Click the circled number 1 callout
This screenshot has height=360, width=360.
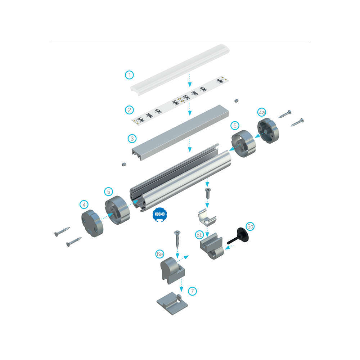(x=129, y=75)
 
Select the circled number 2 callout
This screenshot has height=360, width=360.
(x=129, y=110)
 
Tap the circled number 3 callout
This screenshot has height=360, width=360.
(x=132, y=139)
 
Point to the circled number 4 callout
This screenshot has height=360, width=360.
(x=84, y=204)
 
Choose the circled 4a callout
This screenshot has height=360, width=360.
(x=261, y=112)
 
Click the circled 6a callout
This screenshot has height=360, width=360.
(x=159, y=254)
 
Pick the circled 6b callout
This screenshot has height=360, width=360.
(x=199, y=235)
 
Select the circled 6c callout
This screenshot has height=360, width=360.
(x=250, y=226)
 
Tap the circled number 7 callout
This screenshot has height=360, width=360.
(x=192, y=291)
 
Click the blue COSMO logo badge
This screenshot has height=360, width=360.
(x=160, y=215)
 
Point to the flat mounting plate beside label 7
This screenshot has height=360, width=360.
(x=172, y=303)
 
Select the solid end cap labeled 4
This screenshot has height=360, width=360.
(x=92, y=224)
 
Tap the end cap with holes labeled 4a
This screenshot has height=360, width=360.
(x=268, y=131)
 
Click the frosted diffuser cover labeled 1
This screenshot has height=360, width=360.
(x=180, y=70)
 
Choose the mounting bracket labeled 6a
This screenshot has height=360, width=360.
(x=172, y=270)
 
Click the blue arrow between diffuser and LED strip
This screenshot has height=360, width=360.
(x=190, y=80)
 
